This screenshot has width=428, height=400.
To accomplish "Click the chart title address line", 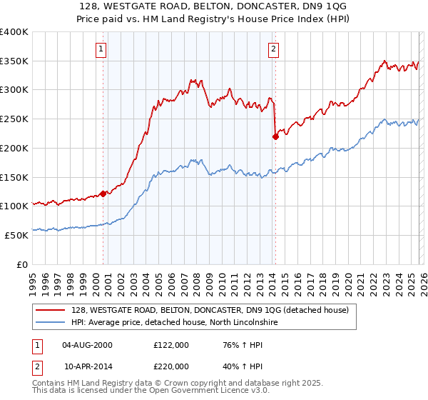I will [213, 6].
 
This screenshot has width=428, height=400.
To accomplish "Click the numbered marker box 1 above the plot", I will [102, 49].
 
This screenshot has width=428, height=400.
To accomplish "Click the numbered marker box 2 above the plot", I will [274, 49].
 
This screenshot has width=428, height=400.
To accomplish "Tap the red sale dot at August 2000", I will [103, 193].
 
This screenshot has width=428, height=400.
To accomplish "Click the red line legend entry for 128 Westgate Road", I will [210, 310].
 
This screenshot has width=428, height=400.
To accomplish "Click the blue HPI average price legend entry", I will [178, 323].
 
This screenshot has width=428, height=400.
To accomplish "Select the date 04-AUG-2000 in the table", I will [87, 345].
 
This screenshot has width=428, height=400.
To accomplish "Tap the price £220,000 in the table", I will [171, 366].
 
